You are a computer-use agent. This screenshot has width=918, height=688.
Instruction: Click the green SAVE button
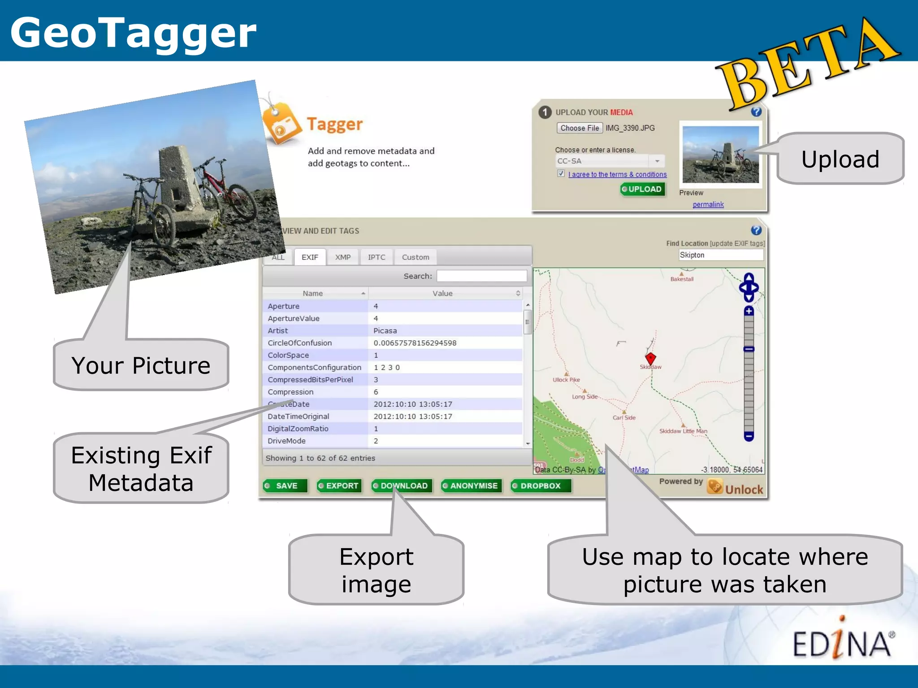286,486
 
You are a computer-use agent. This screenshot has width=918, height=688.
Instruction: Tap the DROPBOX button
541,486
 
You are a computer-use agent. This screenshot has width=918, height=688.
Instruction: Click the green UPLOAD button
643,189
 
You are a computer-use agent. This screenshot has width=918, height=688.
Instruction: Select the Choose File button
580,128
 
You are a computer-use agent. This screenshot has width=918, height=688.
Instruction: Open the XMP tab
343,257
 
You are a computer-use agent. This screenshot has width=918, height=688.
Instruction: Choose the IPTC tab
377,257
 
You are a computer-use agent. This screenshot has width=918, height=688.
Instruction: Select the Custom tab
416,257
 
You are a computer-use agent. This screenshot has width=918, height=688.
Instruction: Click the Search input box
481,276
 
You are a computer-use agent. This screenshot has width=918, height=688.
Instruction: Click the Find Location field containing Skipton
720,255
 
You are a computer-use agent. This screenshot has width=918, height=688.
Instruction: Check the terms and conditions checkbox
561,173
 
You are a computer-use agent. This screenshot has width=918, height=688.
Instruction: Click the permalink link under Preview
708,205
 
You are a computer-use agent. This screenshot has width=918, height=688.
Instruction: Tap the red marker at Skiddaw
650,358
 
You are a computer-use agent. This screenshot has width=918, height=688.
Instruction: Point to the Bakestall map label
682,279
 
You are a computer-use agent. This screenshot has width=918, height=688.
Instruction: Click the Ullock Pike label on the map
566,380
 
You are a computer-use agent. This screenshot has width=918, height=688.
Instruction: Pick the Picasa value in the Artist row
385,331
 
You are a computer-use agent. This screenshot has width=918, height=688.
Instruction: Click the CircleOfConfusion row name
299,343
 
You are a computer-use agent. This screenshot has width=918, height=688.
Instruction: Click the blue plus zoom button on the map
749,311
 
